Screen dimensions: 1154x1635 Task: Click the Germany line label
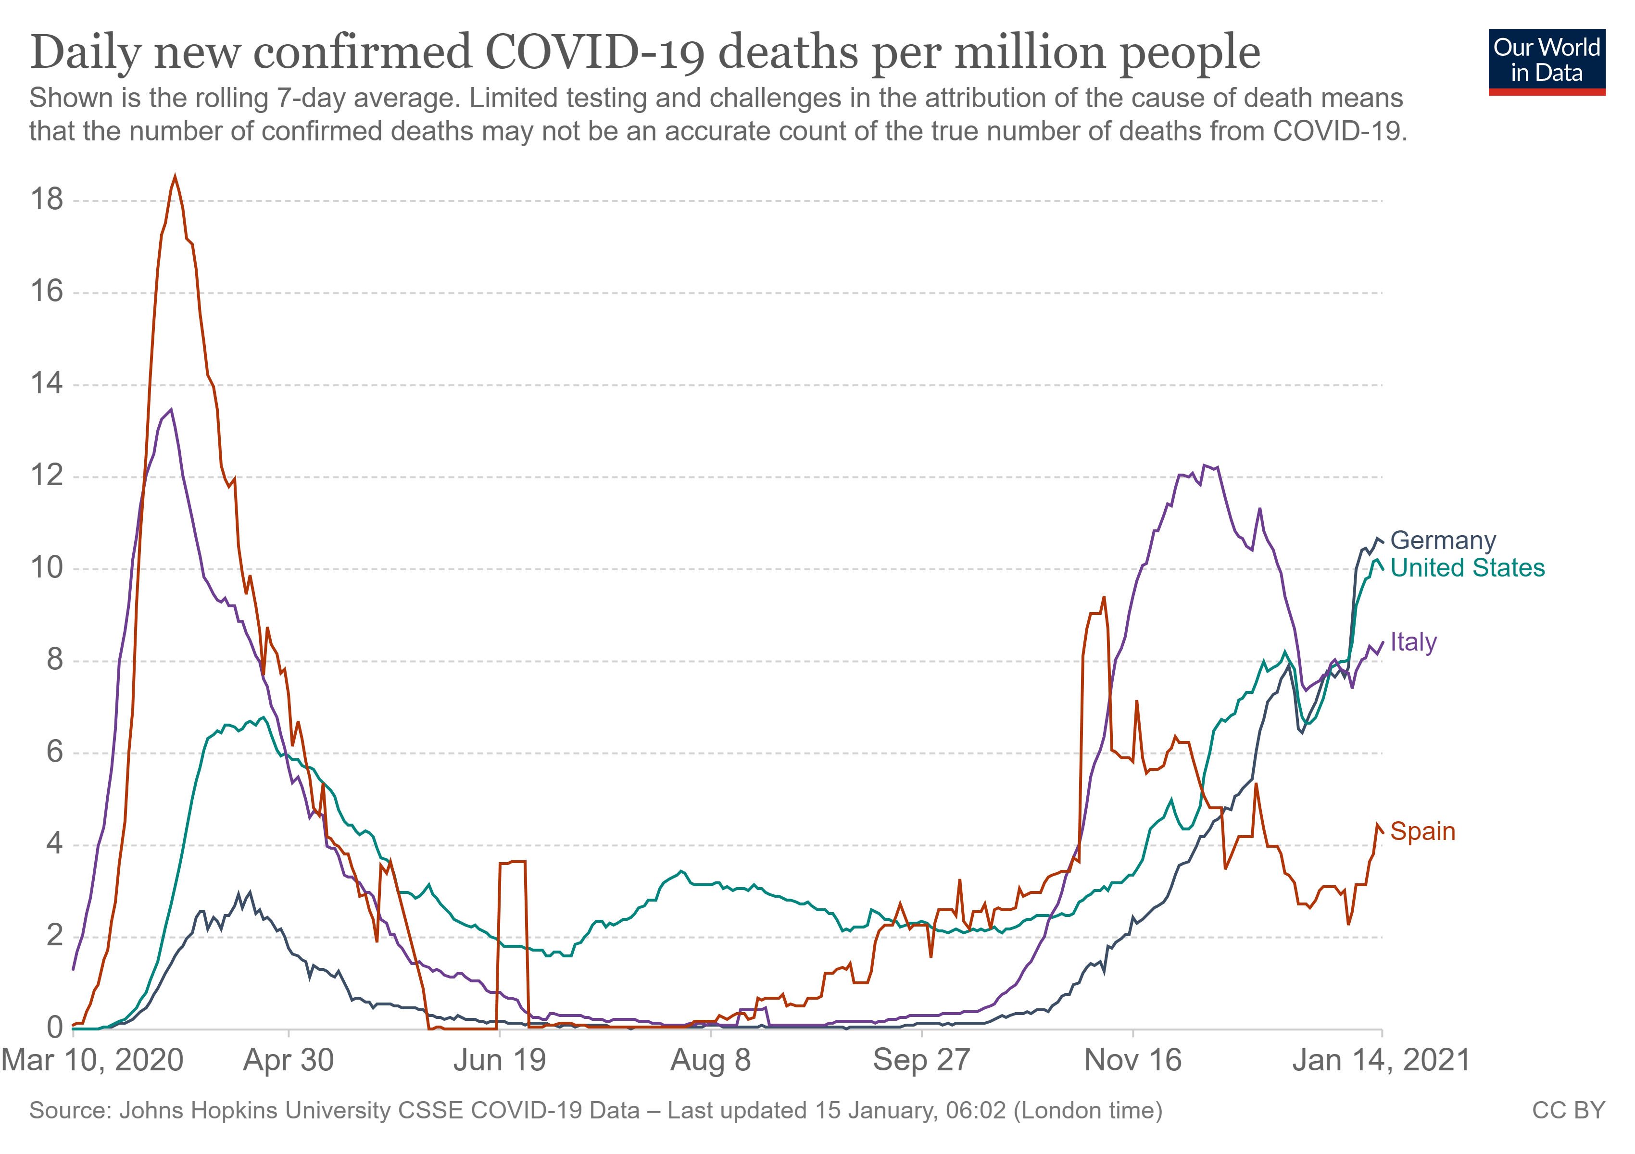tap(1443, 541)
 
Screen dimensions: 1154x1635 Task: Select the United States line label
tap(1467, 568)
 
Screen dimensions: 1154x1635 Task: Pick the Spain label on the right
tap(1422, 831)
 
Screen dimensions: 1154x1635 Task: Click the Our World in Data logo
tap(1546, 62)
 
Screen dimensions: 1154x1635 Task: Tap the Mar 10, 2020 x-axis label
tap(93, 1061)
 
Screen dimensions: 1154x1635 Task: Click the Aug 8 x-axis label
tap(711, 1061)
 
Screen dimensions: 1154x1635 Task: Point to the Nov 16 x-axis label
tap(1132, 1061)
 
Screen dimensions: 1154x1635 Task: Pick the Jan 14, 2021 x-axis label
tap(1382, 1061)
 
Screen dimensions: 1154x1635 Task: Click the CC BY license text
tap(1568, 1111)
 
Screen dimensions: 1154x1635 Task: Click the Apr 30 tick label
tap(289, 1061)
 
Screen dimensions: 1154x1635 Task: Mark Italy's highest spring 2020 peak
tap(171, 410)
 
